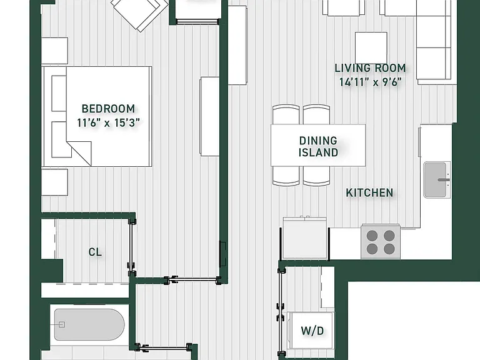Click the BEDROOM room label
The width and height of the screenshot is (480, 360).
coord(108,109)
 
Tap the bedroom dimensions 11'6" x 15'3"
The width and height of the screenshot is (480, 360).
coord(108,122)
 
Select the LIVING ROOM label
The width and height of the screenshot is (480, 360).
coord(370,68)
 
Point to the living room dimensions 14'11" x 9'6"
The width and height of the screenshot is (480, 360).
coord(370,82)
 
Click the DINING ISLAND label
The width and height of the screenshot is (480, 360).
coord(318,147)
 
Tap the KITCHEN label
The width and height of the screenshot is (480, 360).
coord(369,193)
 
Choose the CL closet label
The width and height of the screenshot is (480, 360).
coord(95,252)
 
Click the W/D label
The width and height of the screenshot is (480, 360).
coord(312,331)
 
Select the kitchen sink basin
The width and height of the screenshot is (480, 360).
coord(435,180)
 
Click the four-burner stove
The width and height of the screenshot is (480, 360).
coord(381,242)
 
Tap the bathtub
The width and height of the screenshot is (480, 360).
coord(89,324)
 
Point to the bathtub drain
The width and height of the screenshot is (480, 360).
coord(62,324)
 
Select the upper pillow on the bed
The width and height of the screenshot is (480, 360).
coord(59,93)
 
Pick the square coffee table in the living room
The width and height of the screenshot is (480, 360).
coord(371,47)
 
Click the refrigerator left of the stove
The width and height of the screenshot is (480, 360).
coord(305,238)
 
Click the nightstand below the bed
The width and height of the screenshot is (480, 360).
coord(54,182)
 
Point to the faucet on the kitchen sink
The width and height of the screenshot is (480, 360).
coord(443,180)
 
